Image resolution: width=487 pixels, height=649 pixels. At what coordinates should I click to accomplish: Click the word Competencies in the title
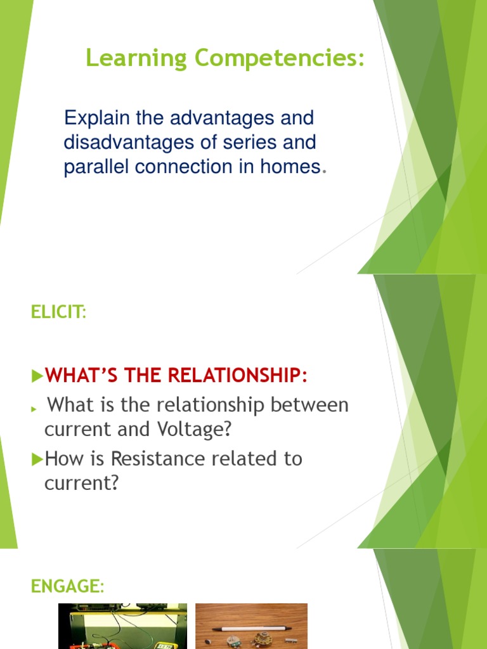click(279, 58)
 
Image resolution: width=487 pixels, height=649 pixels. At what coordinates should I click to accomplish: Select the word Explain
click(97, 119)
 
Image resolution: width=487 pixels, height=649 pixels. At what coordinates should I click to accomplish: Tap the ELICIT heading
click(59, 312)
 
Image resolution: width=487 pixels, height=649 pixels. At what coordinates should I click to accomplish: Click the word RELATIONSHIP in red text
click(238, 375)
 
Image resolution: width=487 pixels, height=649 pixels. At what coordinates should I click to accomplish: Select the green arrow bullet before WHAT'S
click(37, 376)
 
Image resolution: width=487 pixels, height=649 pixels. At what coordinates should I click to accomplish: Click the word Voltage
click(194, 429)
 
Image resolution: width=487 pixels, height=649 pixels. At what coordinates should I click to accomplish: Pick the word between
click(309, 404)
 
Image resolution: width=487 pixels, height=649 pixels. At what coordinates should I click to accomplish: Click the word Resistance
click(158, 459)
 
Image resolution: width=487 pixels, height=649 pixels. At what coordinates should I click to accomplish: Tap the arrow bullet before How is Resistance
click(37, 459)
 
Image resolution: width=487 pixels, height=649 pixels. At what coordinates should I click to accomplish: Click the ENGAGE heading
click(67, 586)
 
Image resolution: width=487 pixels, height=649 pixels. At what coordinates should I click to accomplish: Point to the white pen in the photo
click(249, 629)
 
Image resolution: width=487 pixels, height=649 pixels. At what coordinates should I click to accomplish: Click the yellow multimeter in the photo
click(166, 645)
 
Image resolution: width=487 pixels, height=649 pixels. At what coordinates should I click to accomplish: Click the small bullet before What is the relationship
click(34, 409)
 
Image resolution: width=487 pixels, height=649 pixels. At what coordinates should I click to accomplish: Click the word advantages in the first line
click(222, 119)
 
